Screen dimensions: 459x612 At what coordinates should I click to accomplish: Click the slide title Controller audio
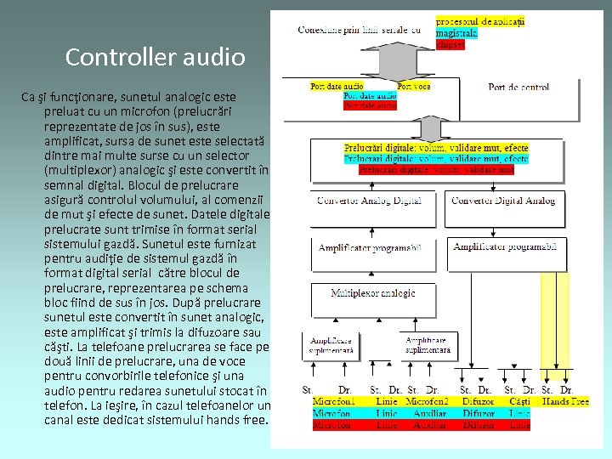pyautogui.click(x=155, y=57)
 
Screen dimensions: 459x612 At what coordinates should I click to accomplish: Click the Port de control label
pyautogui.click(x=518, y=87)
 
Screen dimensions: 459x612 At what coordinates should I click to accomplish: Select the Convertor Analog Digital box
pyautogui.click(x=368, y=201)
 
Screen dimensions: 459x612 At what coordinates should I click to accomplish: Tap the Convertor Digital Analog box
pyautogui.click(x=503, y=201)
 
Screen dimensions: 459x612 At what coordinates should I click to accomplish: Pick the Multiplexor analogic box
pyautogui.click(x=373, y=293)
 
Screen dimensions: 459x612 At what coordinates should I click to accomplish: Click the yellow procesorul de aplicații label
pyautogui.click(x=480, y=20)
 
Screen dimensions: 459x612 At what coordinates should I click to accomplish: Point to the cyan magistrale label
pyautogui.click(x=456, y=33)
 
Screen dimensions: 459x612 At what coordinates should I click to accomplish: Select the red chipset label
pyautogui.click(x=450, y=44)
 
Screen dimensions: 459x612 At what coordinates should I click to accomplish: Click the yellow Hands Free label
pyautogui.click(x=565, y=400)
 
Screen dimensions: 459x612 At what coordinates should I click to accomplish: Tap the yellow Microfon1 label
pyautogui.click(x=334, y=400)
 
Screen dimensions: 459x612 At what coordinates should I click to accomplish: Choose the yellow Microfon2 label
pyautogui.click(x=427, y=400)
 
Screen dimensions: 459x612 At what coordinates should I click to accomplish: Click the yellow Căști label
pyautogui.click(x=519, y=400)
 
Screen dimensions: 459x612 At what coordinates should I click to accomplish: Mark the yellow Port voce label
pyautogui.click(x=414, y=86)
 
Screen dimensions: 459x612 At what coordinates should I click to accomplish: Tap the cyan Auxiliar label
pyautogui.click(x=429, y=412)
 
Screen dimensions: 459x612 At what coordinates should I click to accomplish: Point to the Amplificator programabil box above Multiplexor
pyautogui.click(x=370, y=247)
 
